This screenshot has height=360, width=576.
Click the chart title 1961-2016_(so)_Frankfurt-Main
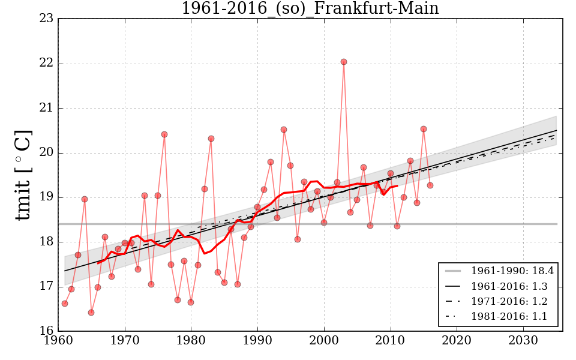[310, 9]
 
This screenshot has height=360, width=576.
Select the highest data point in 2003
[344, 62]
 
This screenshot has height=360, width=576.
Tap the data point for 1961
[65, 304]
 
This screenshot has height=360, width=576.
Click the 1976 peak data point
[164, 134]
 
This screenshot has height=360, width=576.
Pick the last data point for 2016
[430, 185]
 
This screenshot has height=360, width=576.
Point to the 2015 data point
[424, 129]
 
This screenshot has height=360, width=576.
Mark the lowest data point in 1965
[91, 313]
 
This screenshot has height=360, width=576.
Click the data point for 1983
[211, 139]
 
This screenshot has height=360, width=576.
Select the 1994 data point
[284, 130]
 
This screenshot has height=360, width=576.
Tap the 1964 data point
[85, 199]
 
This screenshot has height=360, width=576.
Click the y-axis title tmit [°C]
[23, 175]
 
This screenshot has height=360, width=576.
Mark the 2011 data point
[397, 226]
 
